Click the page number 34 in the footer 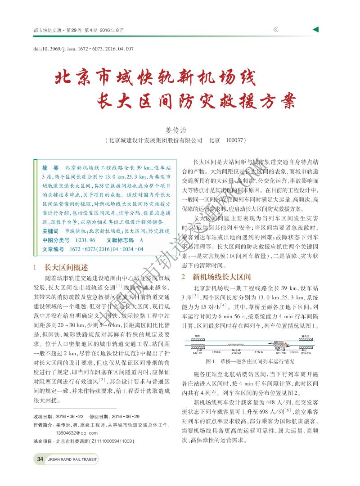coord(40,459)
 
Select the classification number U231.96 coord(85,240)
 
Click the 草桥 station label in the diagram coord(197,336)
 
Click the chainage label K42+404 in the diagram coord(197,354)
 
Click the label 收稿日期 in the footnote coord(43,416)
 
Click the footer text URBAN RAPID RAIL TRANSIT coord(72,459)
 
